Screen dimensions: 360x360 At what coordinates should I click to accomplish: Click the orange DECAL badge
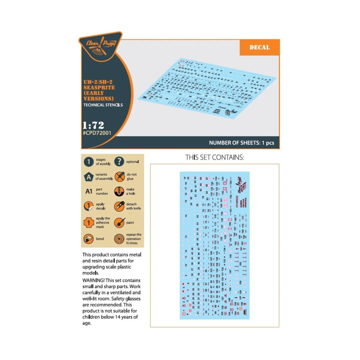(x=259, y=47)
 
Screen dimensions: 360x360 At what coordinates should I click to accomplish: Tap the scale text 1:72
(x=93, y=125)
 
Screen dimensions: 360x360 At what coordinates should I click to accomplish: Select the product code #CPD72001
(x=97, y=133)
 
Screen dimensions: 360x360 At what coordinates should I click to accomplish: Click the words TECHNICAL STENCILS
(x=103, y=105)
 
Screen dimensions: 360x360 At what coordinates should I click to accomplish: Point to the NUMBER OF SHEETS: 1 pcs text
(x=241, y=143)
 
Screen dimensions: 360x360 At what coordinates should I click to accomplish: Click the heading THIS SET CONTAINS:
(x=214, y=157)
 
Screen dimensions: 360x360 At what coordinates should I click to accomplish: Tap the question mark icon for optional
(x=119, y=161)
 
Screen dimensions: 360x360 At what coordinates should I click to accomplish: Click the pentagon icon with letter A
(x=88, y=177)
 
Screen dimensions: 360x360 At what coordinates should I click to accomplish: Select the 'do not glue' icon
(x=119, y=176)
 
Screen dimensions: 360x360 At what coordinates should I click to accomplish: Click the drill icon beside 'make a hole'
(x=119, y=191)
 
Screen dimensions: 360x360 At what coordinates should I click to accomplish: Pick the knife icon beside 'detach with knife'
(x=119, y=206)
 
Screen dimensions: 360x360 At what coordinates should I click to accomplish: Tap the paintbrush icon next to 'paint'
(x=119, y=223)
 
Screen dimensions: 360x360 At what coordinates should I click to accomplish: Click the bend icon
(x=88, y=239)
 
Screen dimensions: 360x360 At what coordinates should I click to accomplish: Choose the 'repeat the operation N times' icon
(x=119, y=239)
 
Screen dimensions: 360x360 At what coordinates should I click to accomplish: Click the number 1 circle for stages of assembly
(x=88, y=162)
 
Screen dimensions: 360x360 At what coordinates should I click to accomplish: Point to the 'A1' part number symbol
(x=89, y=191)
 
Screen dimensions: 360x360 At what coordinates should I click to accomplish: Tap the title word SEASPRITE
(x=99, y=87)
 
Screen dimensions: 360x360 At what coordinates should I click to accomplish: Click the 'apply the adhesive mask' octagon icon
(x=88, y=223)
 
